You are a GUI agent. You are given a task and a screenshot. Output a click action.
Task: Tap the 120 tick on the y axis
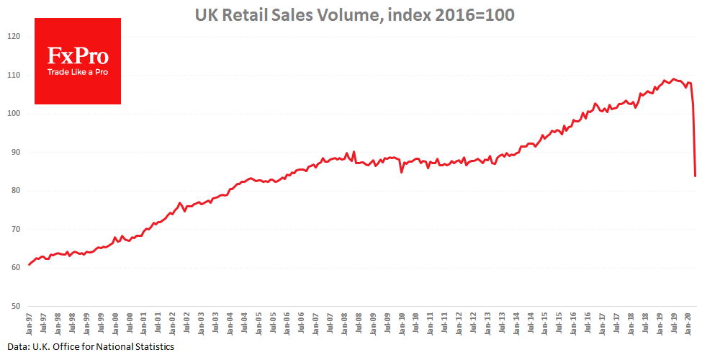click(x=14, y=37)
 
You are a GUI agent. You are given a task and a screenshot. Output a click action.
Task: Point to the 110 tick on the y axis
click(x=14, y=75)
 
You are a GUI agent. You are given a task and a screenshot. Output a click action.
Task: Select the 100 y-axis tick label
click(x=14, y=114)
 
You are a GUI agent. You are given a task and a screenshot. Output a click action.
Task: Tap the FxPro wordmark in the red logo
click(x=78, y=56)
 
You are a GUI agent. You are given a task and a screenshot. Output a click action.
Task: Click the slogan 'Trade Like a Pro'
click(x=78, y=73)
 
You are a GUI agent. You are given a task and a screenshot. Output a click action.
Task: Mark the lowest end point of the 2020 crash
click(x=696, y=176)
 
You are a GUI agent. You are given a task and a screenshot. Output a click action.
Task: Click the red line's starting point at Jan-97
click(x=30, y=264)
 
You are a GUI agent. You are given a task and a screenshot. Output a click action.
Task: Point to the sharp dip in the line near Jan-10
click(x=402, y=172)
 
